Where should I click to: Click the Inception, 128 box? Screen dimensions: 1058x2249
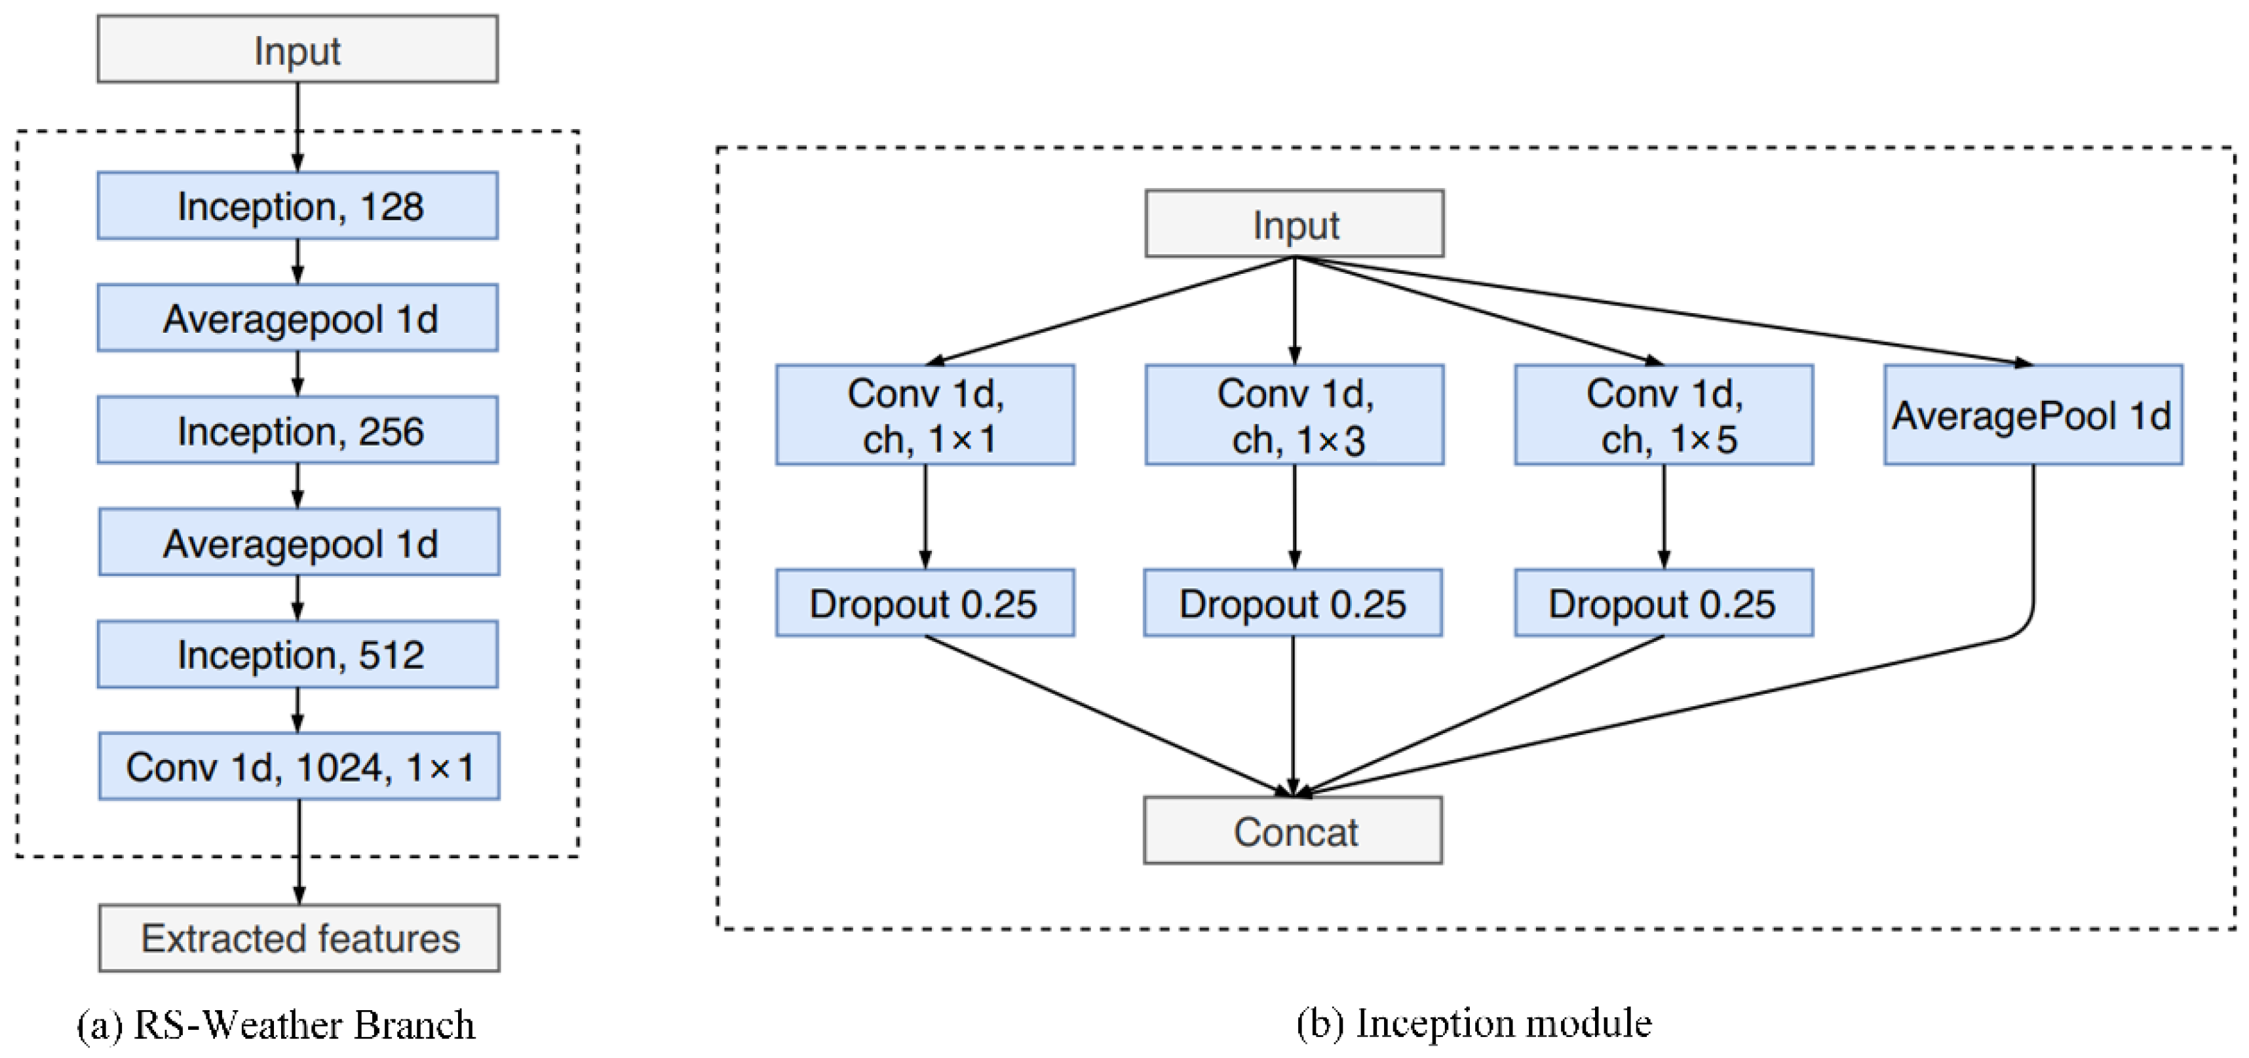(x=298, y=205)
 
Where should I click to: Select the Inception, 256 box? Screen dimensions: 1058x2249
(x=298, y=430)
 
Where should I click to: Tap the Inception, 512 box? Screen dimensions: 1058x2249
(x=298, y=654)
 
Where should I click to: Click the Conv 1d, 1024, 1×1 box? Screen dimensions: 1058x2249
(x=299, y=766)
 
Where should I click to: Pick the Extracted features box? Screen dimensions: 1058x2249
(x=299, y=937)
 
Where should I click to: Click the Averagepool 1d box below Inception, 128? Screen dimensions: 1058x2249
(x=298, y=318)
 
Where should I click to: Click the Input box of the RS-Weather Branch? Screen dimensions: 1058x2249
(x=298, y=49)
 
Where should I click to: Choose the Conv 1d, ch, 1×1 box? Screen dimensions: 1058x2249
(x=925, y=415)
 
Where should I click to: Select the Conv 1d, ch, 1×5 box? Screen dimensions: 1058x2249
(x=1663, y=415)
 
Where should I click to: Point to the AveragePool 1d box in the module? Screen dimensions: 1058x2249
(x=2033, y=415)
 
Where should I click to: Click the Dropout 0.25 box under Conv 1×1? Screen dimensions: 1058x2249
(x=925, y=603)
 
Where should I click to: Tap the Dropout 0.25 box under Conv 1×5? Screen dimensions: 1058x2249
(x=1663, y=603)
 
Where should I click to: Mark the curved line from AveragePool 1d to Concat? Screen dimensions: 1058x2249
(x=2033, y=559)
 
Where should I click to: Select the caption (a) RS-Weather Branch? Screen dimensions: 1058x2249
(x=276, y=1025)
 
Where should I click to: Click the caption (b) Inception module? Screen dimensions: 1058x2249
(x=1473, y=1023)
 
